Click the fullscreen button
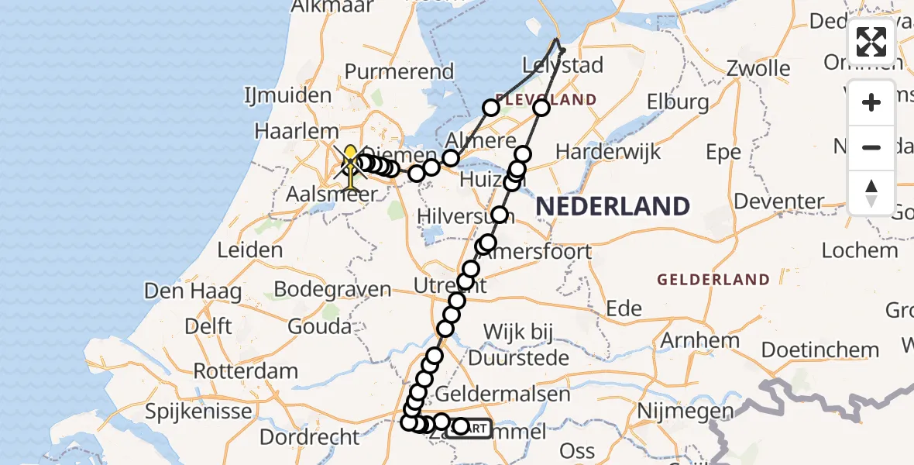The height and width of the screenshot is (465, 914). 871,42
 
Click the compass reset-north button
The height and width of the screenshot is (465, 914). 871,192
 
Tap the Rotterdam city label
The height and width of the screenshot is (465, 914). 246,370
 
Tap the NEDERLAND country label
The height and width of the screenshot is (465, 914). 613,206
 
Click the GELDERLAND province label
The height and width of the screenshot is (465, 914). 713,280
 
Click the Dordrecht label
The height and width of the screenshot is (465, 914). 310,437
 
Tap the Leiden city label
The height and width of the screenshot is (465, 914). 250,250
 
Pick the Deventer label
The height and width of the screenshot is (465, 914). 778,201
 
